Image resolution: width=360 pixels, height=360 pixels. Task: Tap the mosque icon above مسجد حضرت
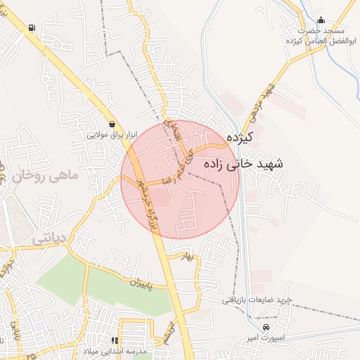(x=321, y=20)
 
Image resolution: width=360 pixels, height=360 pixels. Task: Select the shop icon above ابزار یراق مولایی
(x=112, y=124)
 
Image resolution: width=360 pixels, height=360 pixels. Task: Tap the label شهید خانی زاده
(x=243, y=164)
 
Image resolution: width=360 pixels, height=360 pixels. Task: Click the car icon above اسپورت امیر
(x=266, y=328)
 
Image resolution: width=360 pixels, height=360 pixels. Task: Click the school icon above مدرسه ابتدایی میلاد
(x=115, y=340)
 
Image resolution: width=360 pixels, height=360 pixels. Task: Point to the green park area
(x=91, y=281)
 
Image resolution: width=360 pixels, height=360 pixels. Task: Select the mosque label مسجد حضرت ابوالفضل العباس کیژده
(x=323, y=36)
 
